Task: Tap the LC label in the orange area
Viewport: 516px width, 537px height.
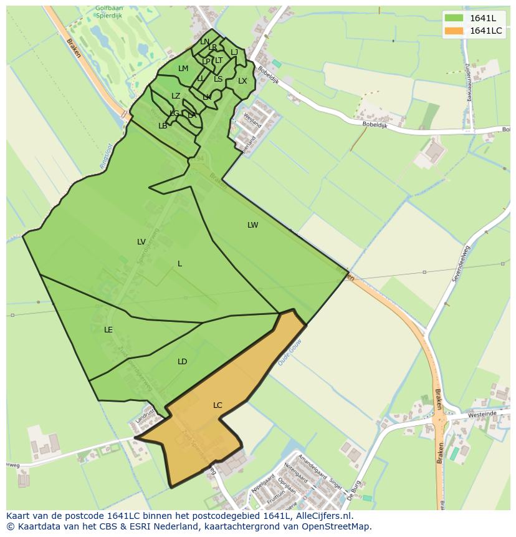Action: click(x=217, y=405)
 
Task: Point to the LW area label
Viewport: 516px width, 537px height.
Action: click(x=252, y=225)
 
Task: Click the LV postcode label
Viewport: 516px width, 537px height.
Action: click(x=141, y=242)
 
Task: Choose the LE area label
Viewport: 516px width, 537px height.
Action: click(x=108, y=330)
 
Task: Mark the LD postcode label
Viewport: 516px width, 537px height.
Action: click(x=182, y=362)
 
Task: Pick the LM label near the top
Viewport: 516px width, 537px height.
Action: click(x=183, y=69)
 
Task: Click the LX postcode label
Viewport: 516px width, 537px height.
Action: click(x=242, y=81)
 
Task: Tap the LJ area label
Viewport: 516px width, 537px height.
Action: click(x=234, y=52)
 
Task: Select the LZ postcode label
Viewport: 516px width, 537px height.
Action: click(x=176, y=96)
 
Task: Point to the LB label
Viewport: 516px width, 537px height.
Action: click(x=163, y=126)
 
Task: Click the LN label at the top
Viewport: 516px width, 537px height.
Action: click(x=204, y=42)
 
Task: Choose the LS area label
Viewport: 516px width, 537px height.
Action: click(x=218, y=79)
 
